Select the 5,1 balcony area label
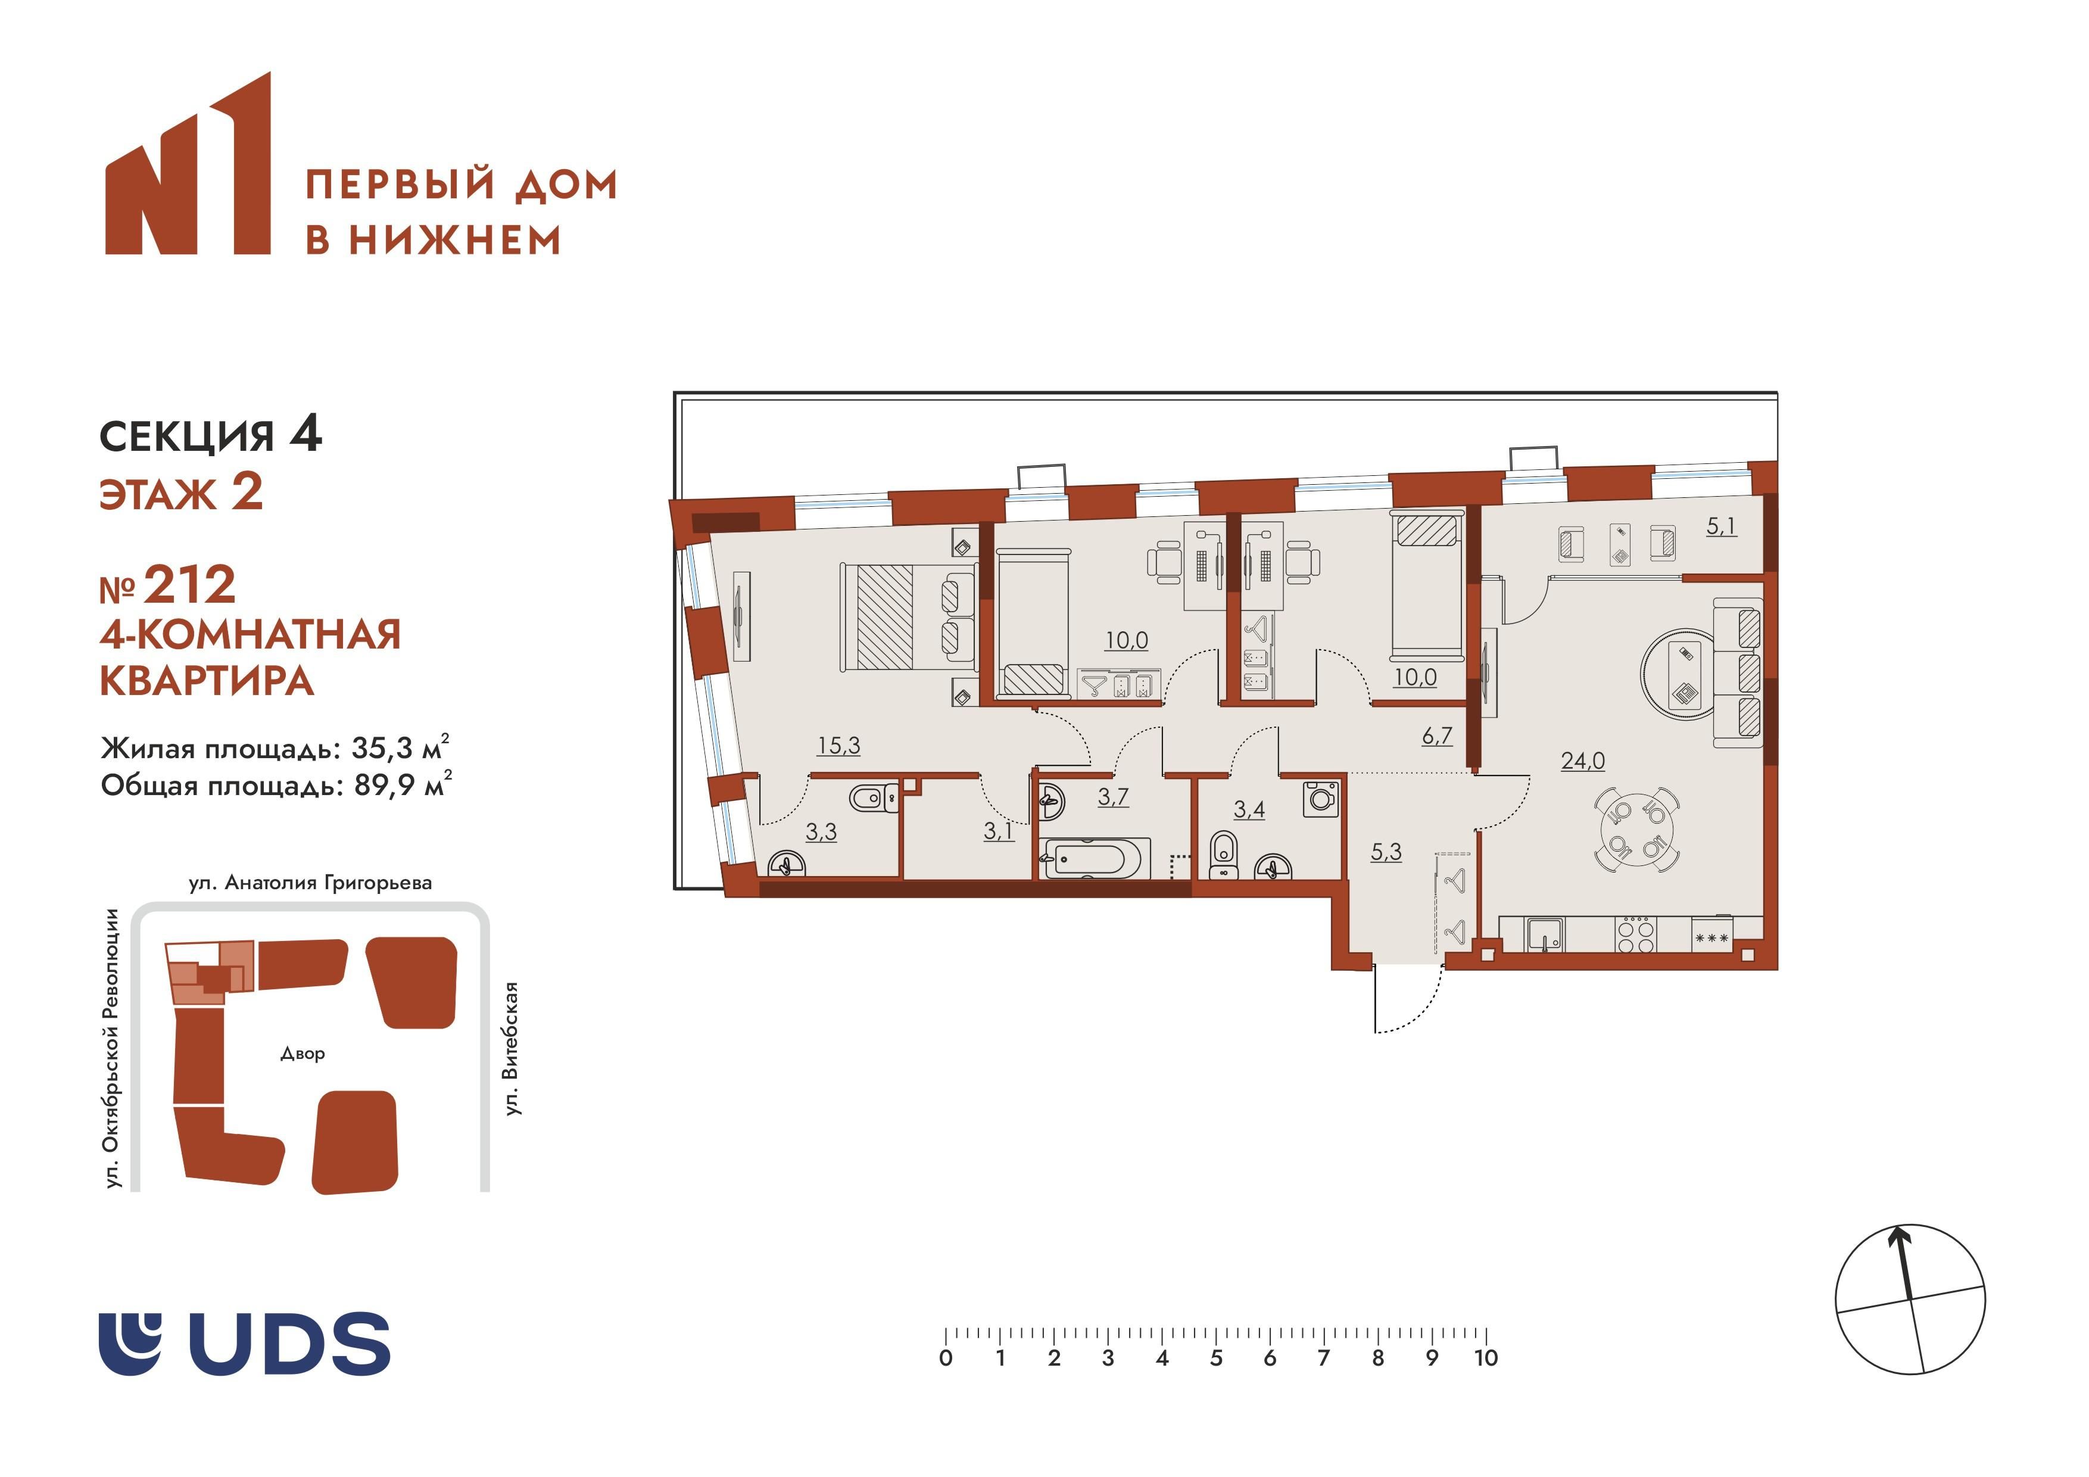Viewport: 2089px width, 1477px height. click(1720, 526)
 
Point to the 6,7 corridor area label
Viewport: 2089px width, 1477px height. click(1437, 736)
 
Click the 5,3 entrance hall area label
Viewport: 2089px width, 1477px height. click(1386, 852)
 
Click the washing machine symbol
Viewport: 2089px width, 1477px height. click(1321, 799)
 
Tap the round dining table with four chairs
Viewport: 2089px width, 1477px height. click(1637, 829)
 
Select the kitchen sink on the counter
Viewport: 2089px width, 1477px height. click(1544, 934)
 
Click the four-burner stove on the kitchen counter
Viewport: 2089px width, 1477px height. click(1636, 934)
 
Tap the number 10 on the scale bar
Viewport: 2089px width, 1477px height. click(1486, 1358)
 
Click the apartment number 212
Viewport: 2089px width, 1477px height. click(189, 585)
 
